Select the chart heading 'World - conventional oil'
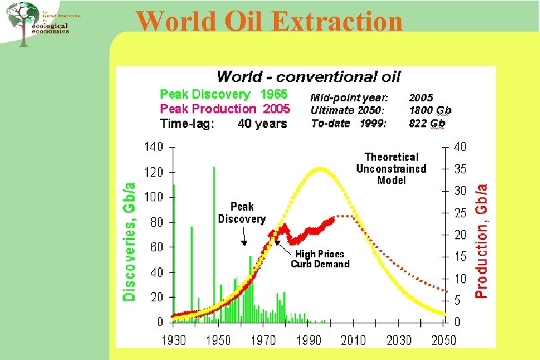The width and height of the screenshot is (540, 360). click(x=309, y=77)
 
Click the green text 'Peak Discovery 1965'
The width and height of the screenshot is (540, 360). click(x=223, y=95)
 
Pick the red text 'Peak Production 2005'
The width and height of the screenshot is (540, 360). click(x=225, y=109)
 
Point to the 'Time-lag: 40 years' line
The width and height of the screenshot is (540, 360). click(x=223, y=123)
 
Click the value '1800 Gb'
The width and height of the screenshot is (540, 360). click(x=430, y=110)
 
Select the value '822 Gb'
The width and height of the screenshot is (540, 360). click(x=427, y=123)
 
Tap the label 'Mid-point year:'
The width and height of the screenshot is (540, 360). click(x=349, y=97)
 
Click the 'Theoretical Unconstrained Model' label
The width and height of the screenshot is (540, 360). click(x=391, y=169)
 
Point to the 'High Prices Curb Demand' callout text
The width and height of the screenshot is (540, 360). click(x=320, y=259)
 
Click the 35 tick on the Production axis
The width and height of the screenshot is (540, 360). click(x=461, y=169)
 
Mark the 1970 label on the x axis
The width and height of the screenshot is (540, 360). click(x=263, y=340)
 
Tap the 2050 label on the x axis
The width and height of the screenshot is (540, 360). click(x=443, y=340)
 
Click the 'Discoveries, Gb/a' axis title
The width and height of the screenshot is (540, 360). click(x=131, y=242)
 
